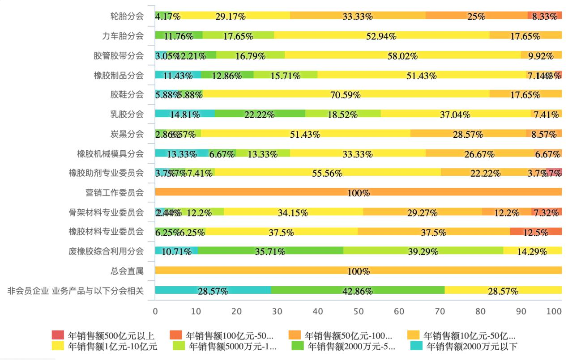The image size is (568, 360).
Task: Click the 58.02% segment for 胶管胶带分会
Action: point(402,55)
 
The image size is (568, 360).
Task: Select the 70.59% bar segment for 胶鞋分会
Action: point(346,94)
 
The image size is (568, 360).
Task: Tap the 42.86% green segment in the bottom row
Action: point(358,291)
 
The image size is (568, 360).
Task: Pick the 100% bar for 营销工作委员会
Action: point(358,192)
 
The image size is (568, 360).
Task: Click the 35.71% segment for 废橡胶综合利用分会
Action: point(270,251)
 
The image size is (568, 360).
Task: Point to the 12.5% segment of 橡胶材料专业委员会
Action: point(536,232)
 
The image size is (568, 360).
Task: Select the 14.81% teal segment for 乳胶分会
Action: point(184,114)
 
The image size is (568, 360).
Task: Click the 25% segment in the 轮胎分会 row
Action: point(476,16)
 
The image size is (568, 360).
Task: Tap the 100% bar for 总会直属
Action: point(358,271)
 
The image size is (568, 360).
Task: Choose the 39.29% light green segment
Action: point(423,251)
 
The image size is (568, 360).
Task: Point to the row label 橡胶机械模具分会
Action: point(110,153)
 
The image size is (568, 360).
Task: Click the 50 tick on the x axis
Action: point(359,311)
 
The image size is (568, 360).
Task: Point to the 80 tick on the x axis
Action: point(480,311)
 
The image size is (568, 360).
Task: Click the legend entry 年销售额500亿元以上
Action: point(104,335)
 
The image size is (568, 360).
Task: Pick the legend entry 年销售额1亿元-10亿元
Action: point(104,346)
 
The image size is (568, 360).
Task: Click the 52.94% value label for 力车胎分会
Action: point(381,36)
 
